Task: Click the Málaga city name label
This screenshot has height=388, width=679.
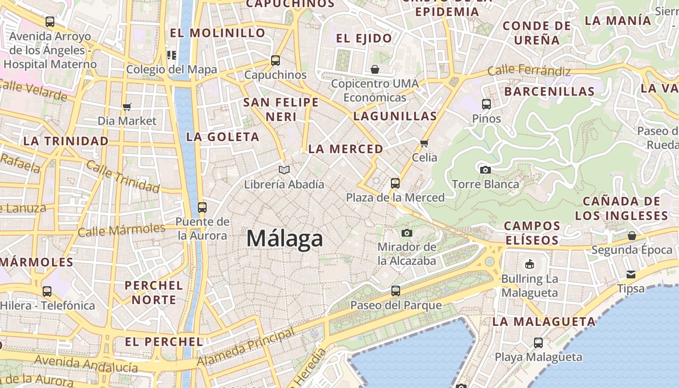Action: (x=285, y=239)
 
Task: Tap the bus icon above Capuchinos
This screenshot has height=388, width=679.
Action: (x=275, y=61)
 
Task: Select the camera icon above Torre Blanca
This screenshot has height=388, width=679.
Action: (x=485, y=170)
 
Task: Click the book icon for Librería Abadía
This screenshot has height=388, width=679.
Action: (x=284, y=170)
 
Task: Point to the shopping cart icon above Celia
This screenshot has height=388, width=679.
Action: (x=424, y=143)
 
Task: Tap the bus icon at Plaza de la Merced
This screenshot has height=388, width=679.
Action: (x=395, y=183)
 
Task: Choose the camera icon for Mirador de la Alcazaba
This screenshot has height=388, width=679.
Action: (x=407, y=233)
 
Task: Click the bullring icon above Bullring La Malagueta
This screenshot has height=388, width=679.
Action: (x=529, y=264)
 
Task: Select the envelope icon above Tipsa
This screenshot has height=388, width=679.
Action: (x=630, y=275)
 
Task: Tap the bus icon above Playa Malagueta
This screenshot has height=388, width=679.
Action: (x=538, y=343)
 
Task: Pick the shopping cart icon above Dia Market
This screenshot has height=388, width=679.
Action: (x=127, y=107)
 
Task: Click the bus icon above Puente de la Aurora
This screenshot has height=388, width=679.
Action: (x=202, y=208)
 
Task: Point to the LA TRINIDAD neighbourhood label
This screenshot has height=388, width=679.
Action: (x=66, y=141)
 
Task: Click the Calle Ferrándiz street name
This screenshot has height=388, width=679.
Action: (x=529, y=71)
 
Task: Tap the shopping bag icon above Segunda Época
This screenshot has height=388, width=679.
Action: (x=631, y=236)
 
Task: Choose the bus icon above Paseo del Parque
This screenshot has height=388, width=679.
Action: (x=396, y=291)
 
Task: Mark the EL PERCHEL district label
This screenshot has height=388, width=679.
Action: (x=164, y=341)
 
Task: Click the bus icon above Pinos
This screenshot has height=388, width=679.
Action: (x=486, y=104)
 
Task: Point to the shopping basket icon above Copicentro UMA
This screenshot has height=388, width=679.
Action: (x=374, y=69)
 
